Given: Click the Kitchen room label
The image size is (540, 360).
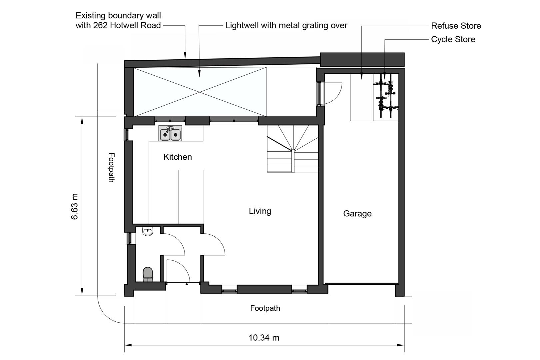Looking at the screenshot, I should (x=178, y=157).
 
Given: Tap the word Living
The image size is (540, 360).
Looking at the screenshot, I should (x=260, y=211).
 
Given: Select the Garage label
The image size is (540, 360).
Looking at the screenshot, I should (x=357, y=214).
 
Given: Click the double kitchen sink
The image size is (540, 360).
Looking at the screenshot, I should (x=170, y=134).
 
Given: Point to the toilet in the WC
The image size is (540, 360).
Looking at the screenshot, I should (x=148, y=274).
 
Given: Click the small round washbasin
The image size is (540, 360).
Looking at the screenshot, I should (x=148, y=231).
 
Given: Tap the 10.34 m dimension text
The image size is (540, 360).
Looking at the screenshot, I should (x=264, y=338).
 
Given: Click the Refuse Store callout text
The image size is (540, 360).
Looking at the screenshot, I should (x=456, y=26).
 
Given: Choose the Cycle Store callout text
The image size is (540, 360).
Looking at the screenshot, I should (x=453, y=39).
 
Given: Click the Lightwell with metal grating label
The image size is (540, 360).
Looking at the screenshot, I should (x=286, y=25).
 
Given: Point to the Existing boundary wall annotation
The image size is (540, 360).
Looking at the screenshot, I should (x=118, y=20).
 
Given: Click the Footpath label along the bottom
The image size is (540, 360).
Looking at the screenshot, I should (x=265, y=308).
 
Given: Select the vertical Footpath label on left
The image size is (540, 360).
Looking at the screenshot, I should (x=112, y=167).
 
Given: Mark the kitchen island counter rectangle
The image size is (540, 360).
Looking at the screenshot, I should (x=191, y=197).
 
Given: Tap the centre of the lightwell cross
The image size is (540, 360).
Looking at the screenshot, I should (x=200, y=92).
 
